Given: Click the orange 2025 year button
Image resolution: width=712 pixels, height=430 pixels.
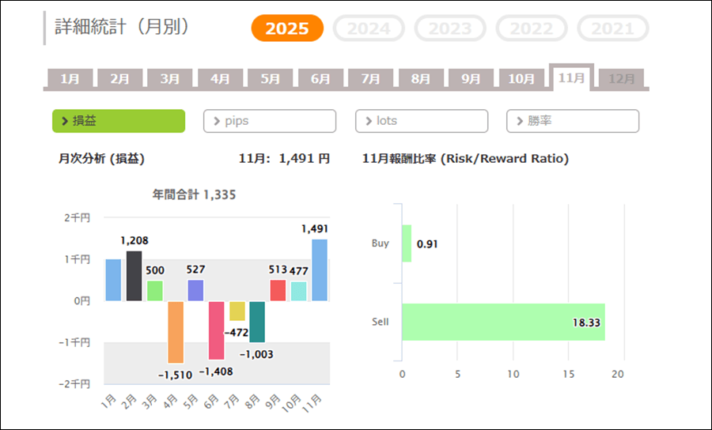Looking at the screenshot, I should [287, 28].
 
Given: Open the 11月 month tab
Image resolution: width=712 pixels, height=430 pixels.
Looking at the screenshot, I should [571, 78].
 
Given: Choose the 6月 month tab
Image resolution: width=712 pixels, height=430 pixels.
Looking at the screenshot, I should [320, 79].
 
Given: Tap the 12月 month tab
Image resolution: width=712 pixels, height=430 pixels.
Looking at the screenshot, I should [622, 79].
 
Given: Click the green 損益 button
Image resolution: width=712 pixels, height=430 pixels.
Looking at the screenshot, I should [119, 121].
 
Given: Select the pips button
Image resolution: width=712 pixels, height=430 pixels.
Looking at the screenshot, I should [270, 121].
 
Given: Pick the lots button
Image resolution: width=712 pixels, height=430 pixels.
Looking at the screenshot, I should [422, 121].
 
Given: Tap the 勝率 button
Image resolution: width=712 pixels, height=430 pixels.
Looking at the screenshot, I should [573, 121].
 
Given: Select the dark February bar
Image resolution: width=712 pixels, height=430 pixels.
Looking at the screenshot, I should [134, 276].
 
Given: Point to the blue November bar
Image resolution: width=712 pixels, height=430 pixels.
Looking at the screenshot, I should [319, 270].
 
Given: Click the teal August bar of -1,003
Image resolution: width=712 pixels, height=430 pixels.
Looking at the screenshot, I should [257, 321].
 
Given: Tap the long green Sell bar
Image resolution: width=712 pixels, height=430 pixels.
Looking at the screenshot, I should [503, 322].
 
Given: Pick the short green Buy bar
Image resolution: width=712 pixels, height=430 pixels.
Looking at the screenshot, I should [407, 243].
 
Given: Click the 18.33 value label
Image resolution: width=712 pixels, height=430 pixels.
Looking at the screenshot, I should [585, 322].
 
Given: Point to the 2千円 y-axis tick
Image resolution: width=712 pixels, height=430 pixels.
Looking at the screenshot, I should [77, 217].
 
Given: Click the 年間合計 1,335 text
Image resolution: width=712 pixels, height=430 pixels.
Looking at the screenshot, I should [194, 194].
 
